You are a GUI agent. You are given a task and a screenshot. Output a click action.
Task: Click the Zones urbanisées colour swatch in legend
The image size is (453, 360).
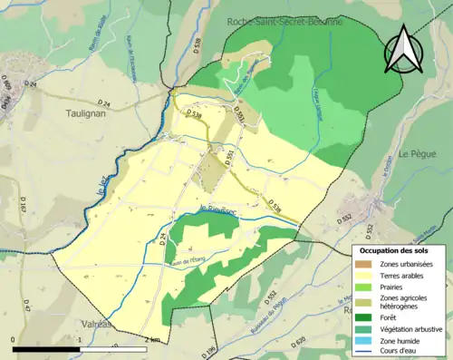point(363,264)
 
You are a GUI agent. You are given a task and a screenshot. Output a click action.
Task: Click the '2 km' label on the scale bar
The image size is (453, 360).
point(152,339)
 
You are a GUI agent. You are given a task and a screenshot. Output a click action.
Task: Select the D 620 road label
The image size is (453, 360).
point(300,342)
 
